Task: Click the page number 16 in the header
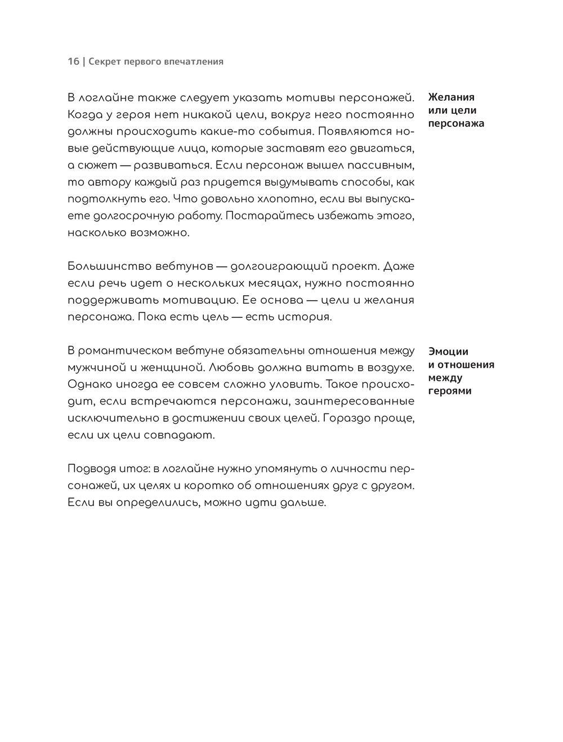[x=73, y=61]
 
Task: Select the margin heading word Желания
[x=451, y=97]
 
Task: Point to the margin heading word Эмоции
[x=448, y=352]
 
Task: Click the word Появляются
[x=361, y=131]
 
